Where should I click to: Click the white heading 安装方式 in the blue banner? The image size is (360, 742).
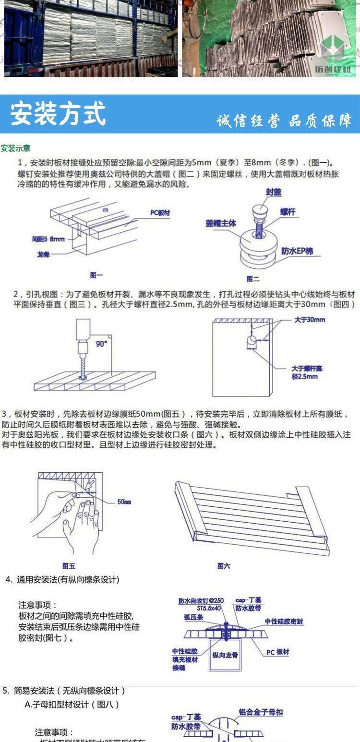pyautogui.click(x=58, y=114)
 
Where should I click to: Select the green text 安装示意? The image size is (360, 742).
pyautogui.click(x=15, y=148)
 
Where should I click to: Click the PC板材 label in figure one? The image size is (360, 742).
pyautogui.click(x=160, y=212)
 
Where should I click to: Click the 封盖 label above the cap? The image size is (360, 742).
pyautogui.click(x=274, y=192)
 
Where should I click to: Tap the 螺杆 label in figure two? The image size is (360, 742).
pyautogui.click(x=288, y=212)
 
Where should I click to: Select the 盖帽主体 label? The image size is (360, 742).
pyautogui.click(x=221, y=224)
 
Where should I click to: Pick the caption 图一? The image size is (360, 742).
pyautogui.click(x=96, y=275)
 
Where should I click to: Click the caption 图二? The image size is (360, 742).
pyautogui.click(x=253, y=279)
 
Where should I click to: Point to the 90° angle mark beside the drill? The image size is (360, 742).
pyautogui.click(x=101, y=344)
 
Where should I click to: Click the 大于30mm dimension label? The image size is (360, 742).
pyautogui.click(x=310, y=320)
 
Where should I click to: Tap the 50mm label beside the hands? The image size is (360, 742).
pyautogui.click(x=124, y=502)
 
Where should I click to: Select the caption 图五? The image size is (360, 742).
pyautogui.click(x=69, y=566)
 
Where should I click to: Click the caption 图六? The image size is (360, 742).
pyautogui.click(x=224, y=566)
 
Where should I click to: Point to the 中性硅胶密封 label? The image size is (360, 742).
pyautogui.click(x=284, y=622)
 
